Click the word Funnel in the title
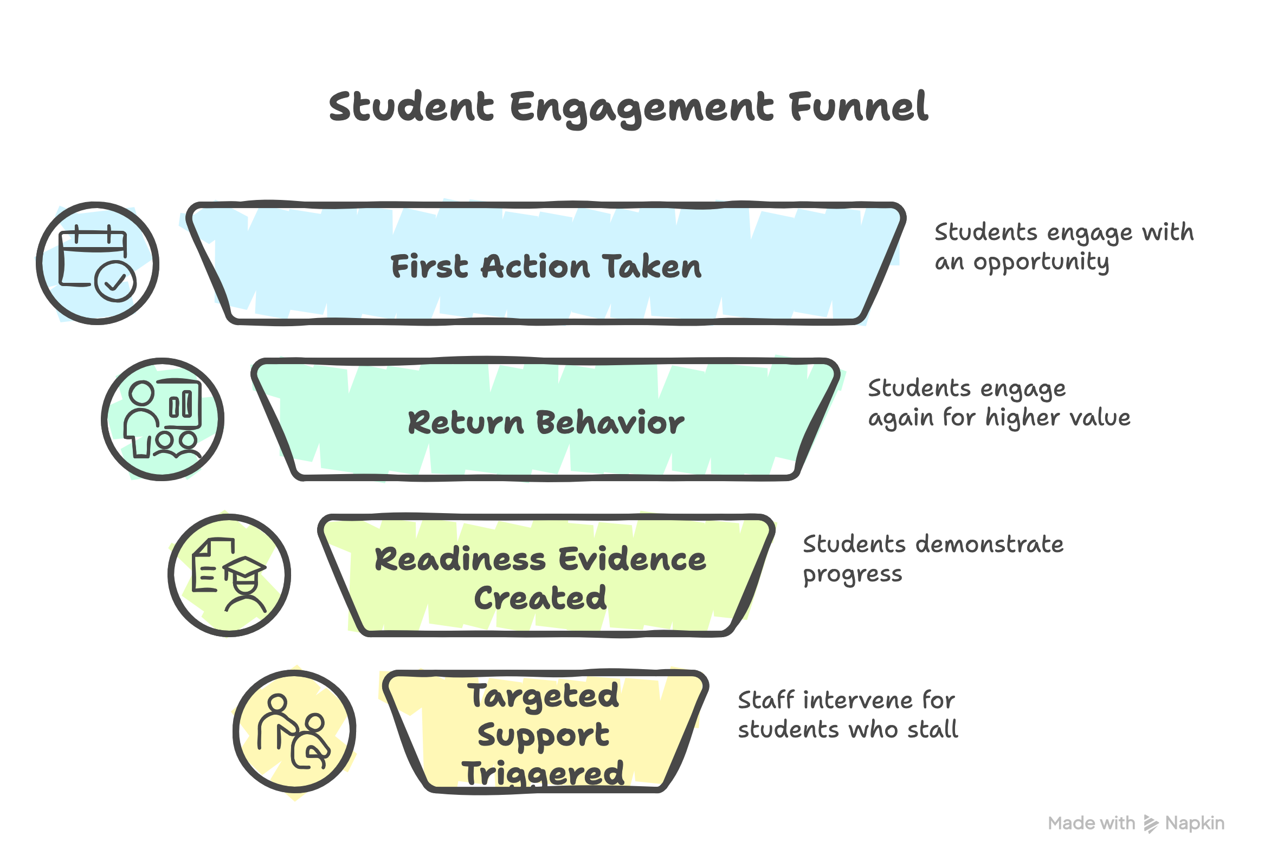[x=858, y=107]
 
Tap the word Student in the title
[x=411, y=107]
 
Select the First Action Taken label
[x=546, y=267]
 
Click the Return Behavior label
[x=546, y=423]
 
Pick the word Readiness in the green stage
[x=460, y=559]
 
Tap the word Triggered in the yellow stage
[x=543, y=773]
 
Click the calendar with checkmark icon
[x=98, y=263]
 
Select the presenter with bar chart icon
[x=162, y=419]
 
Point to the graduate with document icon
[x=229, y=575]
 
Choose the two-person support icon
[x=294, y=731]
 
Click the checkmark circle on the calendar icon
[x=115, y=282]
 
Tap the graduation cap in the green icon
[x=244, y=568]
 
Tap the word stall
[x=932, y=730]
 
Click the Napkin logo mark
[x=1151, y=824]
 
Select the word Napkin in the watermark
[x=1195, y=824]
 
